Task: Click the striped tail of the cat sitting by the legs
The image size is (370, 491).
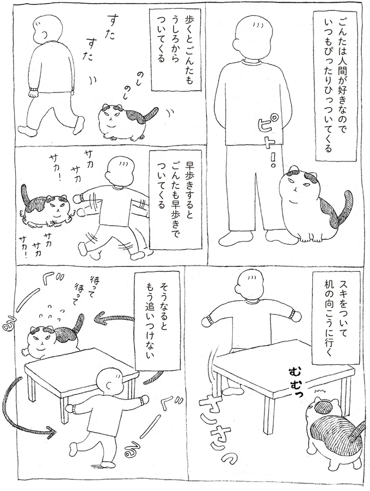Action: [332, 209]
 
